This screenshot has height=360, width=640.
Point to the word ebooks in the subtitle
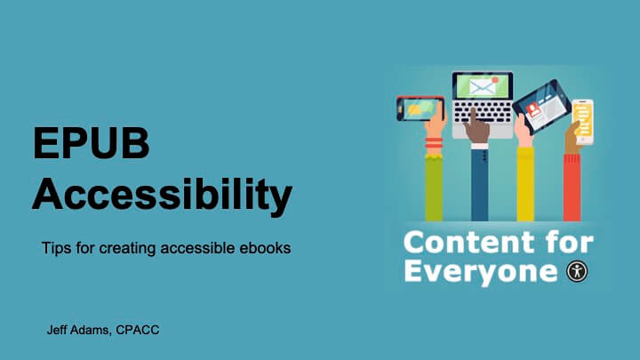click(265, 248)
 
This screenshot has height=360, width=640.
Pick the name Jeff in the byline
click(60, 330)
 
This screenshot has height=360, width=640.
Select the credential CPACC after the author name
click(137, 330)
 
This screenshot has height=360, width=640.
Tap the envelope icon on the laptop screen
click(482, 87)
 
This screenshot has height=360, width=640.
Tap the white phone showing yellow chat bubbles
click(582, 121)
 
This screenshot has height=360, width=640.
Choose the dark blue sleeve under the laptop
click(480, 186)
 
